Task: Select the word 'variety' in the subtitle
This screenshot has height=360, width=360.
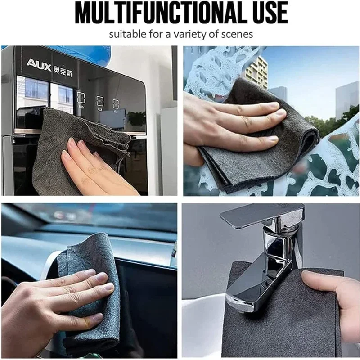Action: tap(196, 34)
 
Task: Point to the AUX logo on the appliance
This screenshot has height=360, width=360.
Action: tap(39, 64)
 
